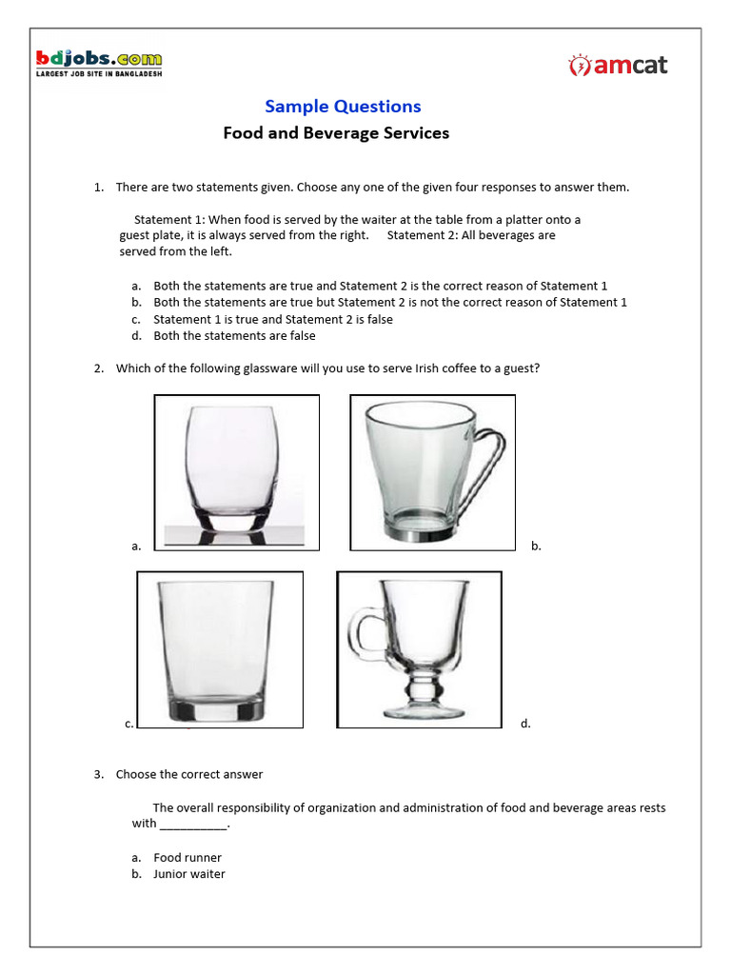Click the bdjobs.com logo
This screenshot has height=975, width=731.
coord(99,59)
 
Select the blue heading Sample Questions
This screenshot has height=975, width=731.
coord(343,107)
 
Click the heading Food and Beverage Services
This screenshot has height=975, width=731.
coord(336,133)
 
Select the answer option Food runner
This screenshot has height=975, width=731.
coord(188,858)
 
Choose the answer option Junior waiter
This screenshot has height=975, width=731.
coord(189,874)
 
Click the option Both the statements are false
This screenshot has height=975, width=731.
coord(234,336)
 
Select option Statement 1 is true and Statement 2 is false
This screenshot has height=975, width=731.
coord(273,320)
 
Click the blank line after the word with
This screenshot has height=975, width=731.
coord(193,825)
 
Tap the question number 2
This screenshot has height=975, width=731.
coord(98,368)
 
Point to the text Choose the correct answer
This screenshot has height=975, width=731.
coord(189,775)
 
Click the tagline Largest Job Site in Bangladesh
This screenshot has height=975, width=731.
coord(99,74)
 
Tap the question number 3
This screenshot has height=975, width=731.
coord(98,775)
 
